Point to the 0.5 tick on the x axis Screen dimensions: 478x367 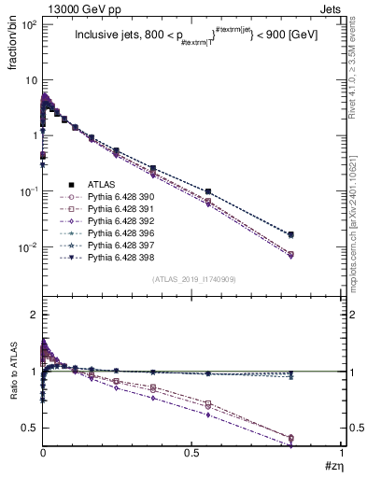[192, 454]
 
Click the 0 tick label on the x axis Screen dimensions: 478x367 [43, 454]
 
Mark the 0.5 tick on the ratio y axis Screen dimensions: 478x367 [29, 428]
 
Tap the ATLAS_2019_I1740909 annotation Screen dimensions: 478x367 [192, 280]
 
